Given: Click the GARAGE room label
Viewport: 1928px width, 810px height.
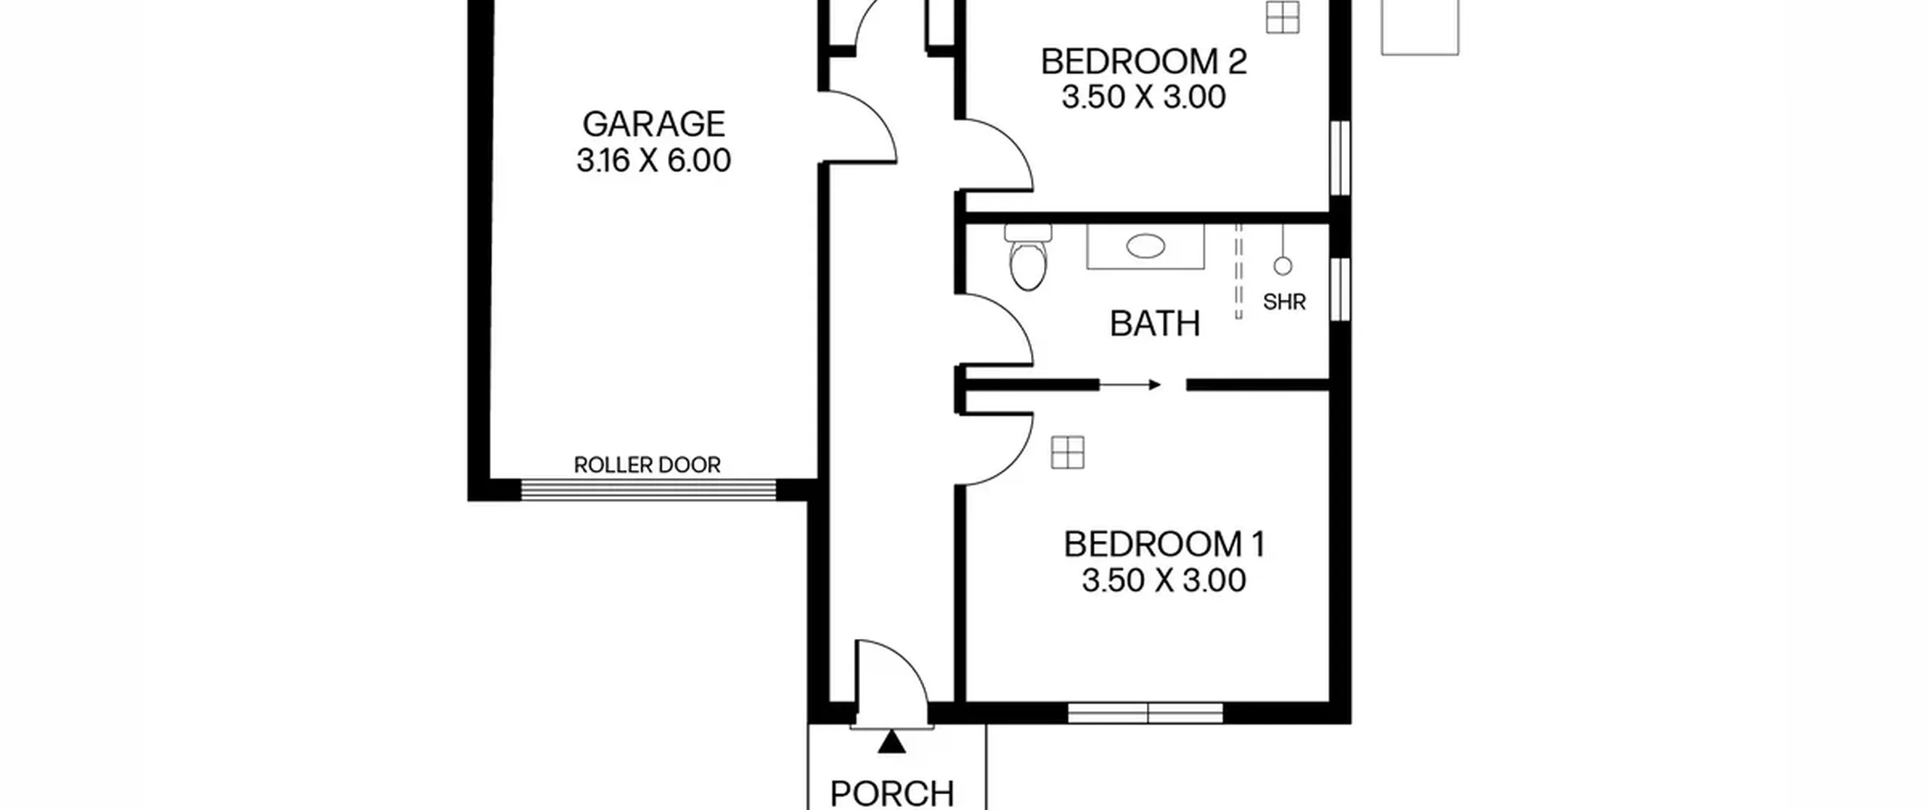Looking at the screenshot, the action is tap(654, 124).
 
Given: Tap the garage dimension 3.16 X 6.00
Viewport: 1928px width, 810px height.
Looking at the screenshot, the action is tap(654, 160).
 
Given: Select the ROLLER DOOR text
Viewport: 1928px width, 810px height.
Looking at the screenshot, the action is tap(647, 465).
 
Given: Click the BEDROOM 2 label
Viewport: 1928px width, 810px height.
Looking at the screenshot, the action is tap(1144, 62).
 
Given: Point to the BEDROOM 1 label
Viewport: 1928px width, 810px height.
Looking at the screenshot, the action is tap(1164, 544).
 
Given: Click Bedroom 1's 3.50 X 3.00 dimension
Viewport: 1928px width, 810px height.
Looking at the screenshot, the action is tap(1164, 580).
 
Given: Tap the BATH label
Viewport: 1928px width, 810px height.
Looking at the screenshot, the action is tap(1155, 323).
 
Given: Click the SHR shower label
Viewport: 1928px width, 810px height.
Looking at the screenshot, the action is tap(1284, 302).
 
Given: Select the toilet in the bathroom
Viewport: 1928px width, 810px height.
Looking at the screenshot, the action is tap(1028, 257).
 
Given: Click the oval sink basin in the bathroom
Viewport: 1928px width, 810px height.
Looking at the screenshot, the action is tap(1146, 246).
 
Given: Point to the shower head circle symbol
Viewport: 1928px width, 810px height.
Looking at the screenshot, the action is tap(1283, 266).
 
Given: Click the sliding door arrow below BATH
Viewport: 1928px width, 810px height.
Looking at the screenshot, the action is tap(1130, 385).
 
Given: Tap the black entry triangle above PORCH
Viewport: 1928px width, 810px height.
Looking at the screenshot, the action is tap(892, 741).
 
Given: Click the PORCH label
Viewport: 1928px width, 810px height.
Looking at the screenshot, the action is tap(892, 793).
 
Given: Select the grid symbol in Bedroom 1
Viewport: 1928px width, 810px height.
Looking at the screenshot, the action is tap(1068, 453).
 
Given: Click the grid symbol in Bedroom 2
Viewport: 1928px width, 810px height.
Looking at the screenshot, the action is tap(1283, 17).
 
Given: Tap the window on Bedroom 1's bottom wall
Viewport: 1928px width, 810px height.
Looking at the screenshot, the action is tap(1146, 713).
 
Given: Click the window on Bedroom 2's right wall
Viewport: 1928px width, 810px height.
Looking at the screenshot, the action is tap(1340, 157).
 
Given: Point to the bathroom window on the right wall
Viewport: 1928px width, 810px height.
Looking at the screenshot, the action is tap(1340, 289).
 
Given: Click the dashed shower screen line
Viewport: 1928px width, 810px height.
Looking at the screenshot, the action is tap(1239, 271).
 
